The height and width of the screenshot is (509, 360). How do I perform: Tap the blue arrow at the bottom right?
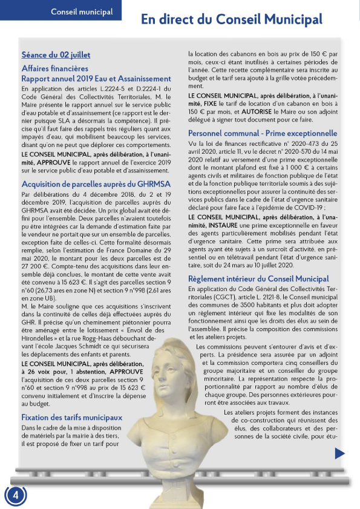click(x=339, y=453)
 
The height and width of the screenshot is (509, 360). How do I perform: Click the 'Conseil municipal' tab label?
click(x=82, y=12)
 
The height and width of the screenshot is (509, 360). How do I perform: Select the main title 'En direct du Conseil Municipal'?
click(x=232, y=19)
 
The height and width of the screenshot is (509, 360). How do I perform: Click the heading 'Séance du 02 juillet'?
click(x=56, y=55)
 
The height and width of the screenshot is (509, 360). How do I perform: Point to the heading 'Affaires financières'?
click(x=54, y=68)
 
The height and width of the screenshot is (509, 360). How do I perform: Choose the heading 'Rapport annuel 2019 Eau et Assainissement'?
click(x=96, y=79)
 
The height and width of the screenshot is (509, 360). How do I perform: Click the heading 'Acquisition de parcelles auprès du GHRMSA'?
click(x=96, y=183)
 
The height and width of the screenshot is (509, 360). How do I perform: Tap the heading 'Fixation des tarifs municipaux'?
click(x=71, y=418)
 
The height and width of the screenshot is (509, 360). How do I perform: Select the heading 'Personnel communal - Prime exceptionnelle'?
click(x=263, y=133)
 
